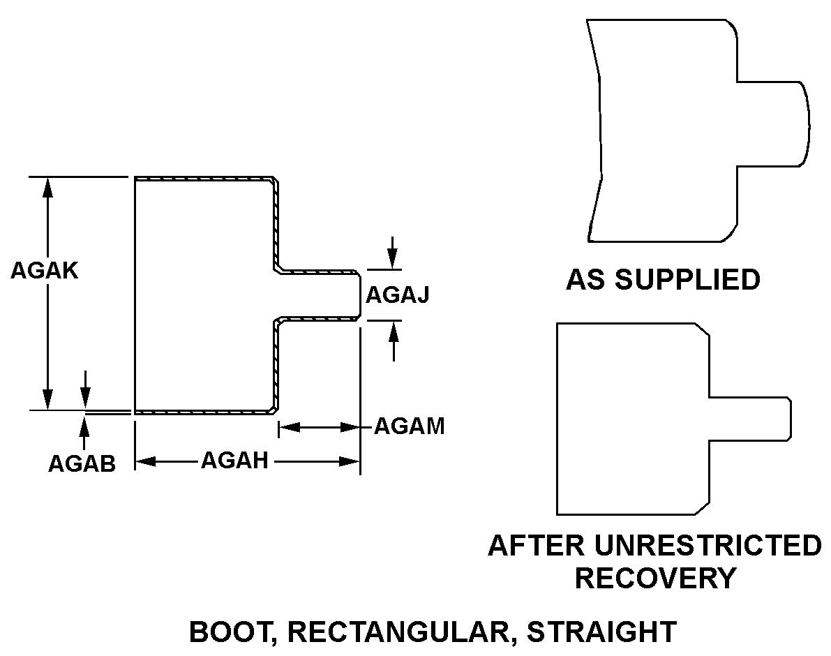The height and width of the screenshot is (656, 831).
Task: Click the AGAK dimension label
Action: pyautogui.click(x=44, y=270)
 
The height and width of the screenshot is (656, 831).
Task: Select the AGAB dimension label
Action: pyautogui.click(x=82, y=463)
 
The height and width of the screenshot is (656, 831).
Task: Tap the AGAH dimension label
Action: pyautogui.click(x=234, y=461)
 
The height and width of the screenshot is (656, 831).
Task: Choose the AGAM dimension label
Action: pyautogui.click(x=410, y=426)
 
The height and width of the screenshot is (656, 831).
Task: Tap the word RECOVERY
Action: pyautogui.click(x=655, y=578)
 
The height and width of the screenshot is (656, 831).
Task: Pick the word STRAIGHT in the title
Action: pyautogui.click(x=601, y=632)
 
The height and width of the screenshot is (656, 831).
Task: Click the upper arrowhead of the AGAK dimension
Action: pyautogui.click(x=48, y=186)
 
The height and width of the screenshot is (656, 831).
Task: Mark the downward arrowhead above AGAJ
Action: pyautogui.click(x=394, y=262)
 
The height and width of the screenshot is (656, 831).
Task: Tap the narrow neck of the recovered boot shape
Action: pyautogui.click(x=750, y=419)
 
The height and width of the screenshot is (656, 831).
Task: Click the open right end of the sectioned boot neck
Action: pyautogui.click(x=359, y=295)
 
